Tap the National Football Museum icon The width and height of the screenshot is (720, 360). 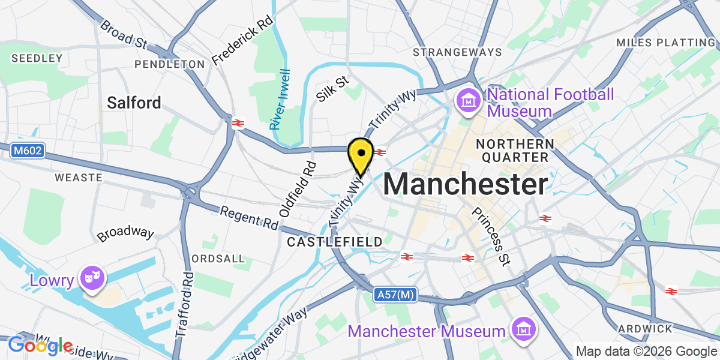[x=467, y=101]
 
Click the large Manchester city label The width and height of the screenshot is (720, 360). [x=466, y=184]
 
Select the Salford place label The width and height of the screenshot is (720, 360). [x=134, y=103]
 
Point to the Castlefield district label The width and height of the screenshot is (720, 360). [x=335, y=242]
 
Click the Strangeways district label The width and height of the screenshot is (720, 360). [x=466, y=52]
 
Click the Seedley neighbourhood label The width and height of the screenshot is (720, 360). [x=37, y=58]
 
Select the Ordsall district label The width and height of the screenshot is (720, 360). [x=218, y=259]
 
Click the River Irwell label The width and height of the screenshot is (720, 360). [x=280, y=100]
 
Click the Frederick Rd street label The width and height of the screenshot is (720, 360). [x=242, y=41]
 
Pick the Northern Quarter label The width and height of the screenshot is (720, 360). [x=514, y=150]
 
